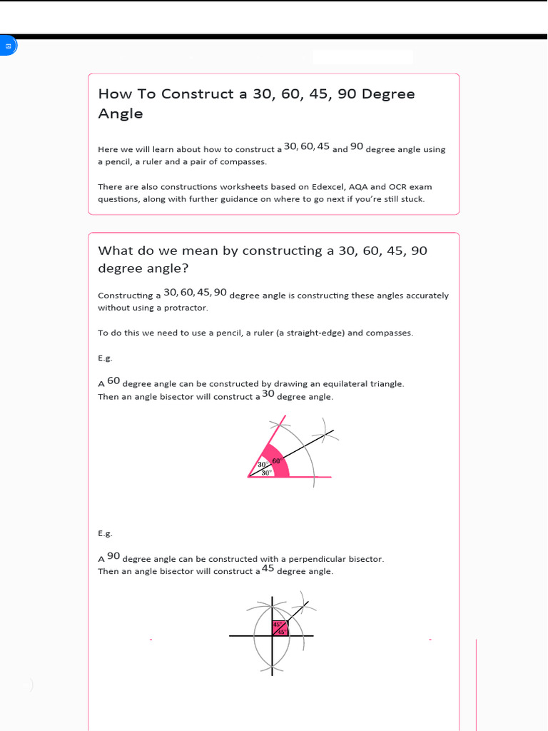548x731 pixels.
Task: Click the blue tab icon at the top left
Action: (8, 46)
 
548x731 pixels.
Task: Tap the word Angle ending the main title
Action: (120, 114)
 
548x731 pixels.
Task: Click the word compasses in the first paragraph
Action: (244, 162)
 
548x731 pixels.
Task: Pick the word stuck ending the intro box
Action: (411, 199)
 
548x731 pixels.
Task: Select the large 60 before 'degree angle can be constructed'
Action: (113, 381)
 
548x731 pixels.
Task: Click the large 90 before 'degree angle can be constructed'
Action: (113, 556)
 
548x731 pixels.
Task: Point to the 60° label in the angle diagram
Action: (276, 461)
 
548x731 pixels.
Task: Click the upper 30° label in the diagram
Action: (263, 465)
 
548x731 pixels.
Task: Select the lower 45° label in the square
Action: (281, 632)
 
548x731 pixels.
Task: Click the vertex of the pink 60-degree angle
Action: (248, 477)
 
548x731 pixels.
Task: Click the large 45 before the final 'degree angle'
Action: (268, 568)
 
